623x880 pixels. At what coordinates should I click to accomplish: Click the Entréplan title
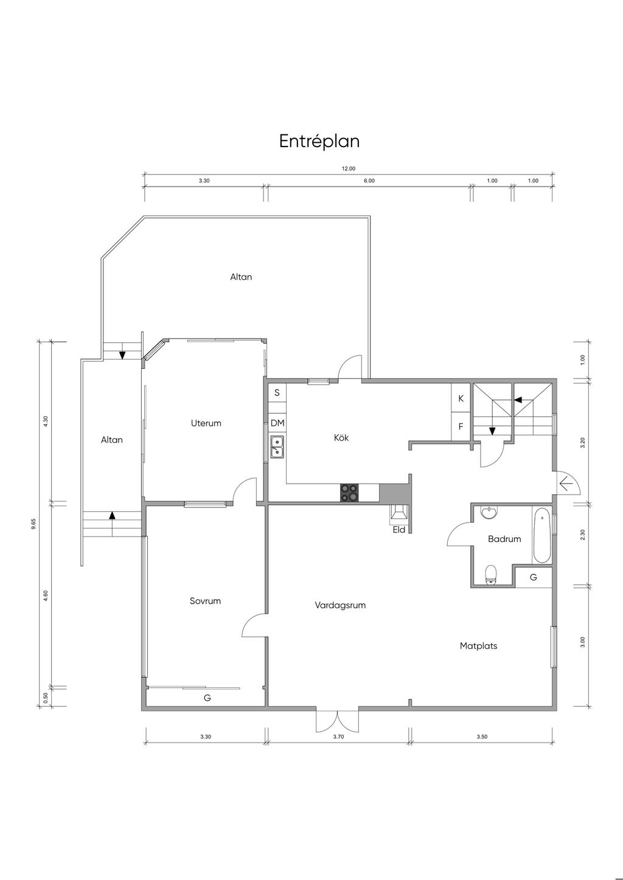[x=319, y=142]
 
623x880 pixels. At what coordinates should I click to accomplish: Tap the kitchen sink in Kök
[x=277, y=447]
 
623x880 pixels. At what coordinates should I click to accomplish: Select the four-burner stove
[x=350, y=493]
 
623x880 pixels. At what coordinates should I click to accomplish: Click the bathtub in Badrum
[x=542, y=535]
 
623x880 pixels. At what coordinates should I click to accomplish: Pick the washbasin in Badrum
[x=489, y=513]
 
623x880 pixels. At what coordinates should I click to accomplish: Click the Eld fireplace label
[x=399, y=529]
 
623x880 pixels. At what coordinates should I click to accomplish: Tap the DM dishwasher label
[x=277, y=423]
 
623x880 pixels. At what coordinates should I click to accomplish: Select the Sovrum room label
[x=205, y=600]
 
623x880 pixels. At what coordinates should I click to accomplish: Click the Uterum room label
[x=206, y=423]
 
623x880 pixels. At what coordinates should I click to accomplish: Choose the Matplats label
[x=478, y=646]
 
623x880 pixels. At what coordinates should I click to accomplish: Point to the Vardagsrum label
[x=340, y=605]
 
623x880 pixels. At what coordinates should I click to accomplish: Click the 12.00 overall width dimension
[x=348, y=168]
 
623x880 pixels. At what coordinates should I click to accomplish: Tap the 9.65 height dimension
[x=34, y=524]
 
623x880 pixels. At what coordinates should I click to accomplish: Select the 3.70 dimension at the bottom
[x=338, y=737]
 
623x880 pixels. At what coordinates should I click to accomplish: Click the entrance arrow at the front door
[x=565, y=483]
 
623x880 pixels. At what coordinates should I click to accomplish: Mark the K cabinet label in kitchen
[x=461, y=398]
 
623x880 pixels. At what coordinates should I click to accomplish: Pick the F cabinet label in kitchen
[x=461, y=426]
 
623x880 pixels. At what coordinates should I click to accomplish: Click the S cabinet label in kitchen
[x=277, y=393]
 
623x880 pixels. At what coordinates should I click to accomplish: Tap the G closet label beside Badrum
[x=534, y=577]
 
